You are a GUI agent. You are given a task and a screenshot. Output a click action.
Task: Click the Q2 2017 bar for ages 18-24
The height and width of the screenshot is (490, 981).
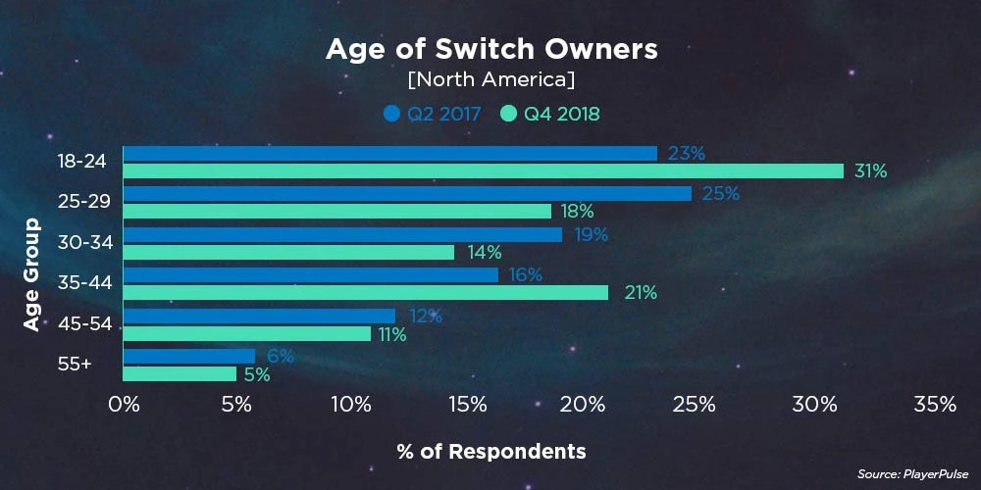389,153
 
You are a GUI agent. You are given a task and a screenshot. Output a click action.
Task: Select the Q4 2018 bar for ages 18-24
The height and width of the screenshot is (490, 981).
483,171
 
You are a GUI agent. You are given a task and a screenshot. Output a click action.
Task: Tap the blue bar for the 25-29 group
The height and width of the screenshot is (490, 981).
407,194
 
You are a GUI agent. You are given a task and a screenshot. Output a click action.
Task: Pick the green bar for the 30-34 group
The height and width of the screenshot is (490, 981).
288,252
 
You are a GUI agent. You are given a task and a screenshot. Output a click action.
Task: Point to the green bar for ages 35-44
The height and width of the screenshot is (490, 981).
365,292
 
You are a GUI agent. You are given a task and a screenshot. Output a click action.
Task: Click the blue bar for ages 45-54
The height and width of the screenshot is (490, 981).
259,316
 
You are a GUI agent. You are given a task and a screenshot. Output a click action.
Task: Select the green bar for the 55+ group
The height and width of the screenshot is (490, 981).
180,373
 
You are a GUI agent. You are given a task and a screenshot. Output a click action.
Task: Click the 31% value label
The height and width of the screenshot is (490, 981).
870,171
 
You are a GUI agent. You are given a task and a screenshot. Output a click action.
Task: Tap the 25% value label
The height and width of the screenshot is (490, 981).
721,194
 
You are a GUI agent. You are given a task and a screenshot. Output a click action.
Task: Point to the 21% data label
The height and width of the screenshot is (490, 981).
640,293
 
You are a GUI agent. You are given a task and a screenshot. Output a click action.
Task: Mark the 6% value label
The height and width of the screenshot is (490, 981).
281,357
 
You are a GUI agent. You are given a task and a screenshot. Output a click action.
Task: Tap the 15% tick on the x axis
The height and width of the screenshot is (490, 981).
467,405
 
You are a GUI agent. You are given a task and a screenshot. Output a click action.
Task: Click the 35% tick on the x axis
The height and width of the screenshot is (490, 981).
934,405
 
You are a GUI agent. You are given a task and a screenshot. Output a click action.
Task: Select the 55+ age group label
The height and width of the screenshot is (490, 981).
76,365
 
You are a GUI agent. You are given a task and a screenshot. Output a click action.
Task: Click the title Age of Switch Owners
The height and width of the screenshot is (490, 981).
491,49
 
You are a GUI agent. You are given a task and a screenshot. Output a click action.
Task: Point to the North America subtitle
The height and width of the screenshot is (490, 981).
491,78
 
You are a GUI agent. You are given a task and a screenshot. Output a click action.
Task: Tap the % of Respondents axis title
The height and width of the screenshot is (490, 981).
491,452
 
